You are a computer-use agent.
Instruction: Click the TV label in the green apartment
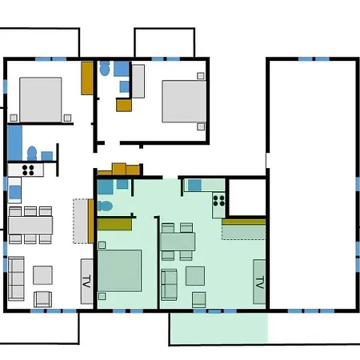(259, 282)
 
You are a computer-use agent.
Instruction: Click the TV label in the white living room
(86, 282)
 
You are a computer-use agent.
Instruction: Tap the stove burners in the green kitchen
(218, 201)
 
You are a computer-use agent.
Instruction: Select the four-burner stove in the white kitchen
(28, 170)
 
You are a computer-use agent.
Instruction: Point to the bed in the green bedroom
(119, 270)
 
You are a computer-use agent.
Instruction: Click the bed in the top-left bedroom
(41, 100)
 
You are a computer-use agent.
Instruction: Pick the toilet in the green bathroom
(106, 206)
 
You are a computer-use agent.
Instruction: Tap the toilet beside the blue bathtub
(32, 154)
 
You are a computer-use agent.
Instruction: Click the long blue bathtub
(14, 143)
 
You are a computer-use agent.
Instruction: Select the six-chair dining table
(30, 226)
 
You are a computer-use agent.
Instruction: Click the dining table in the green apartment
(178, 242)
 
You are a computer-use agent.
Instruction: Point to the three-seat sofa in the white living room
(16, 278)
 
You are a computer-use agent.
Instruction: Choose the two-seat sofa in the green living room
(169, 285)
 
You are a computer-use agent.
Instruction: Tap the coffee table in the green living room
(195, 276)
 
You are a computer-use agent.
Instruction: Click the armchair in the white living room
(42, 299)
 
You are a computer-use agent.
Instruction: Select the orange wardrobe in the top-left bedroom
(87, 78)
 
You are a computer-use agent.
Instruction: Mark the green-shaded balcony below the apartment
(219, 328)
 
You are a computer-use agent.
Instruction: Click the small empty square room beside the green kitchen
(247, 198)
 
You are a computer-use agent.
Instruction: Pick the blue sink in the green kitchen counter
(194, 185)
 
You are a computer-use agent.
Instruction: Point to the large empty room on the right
(313, 184)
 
